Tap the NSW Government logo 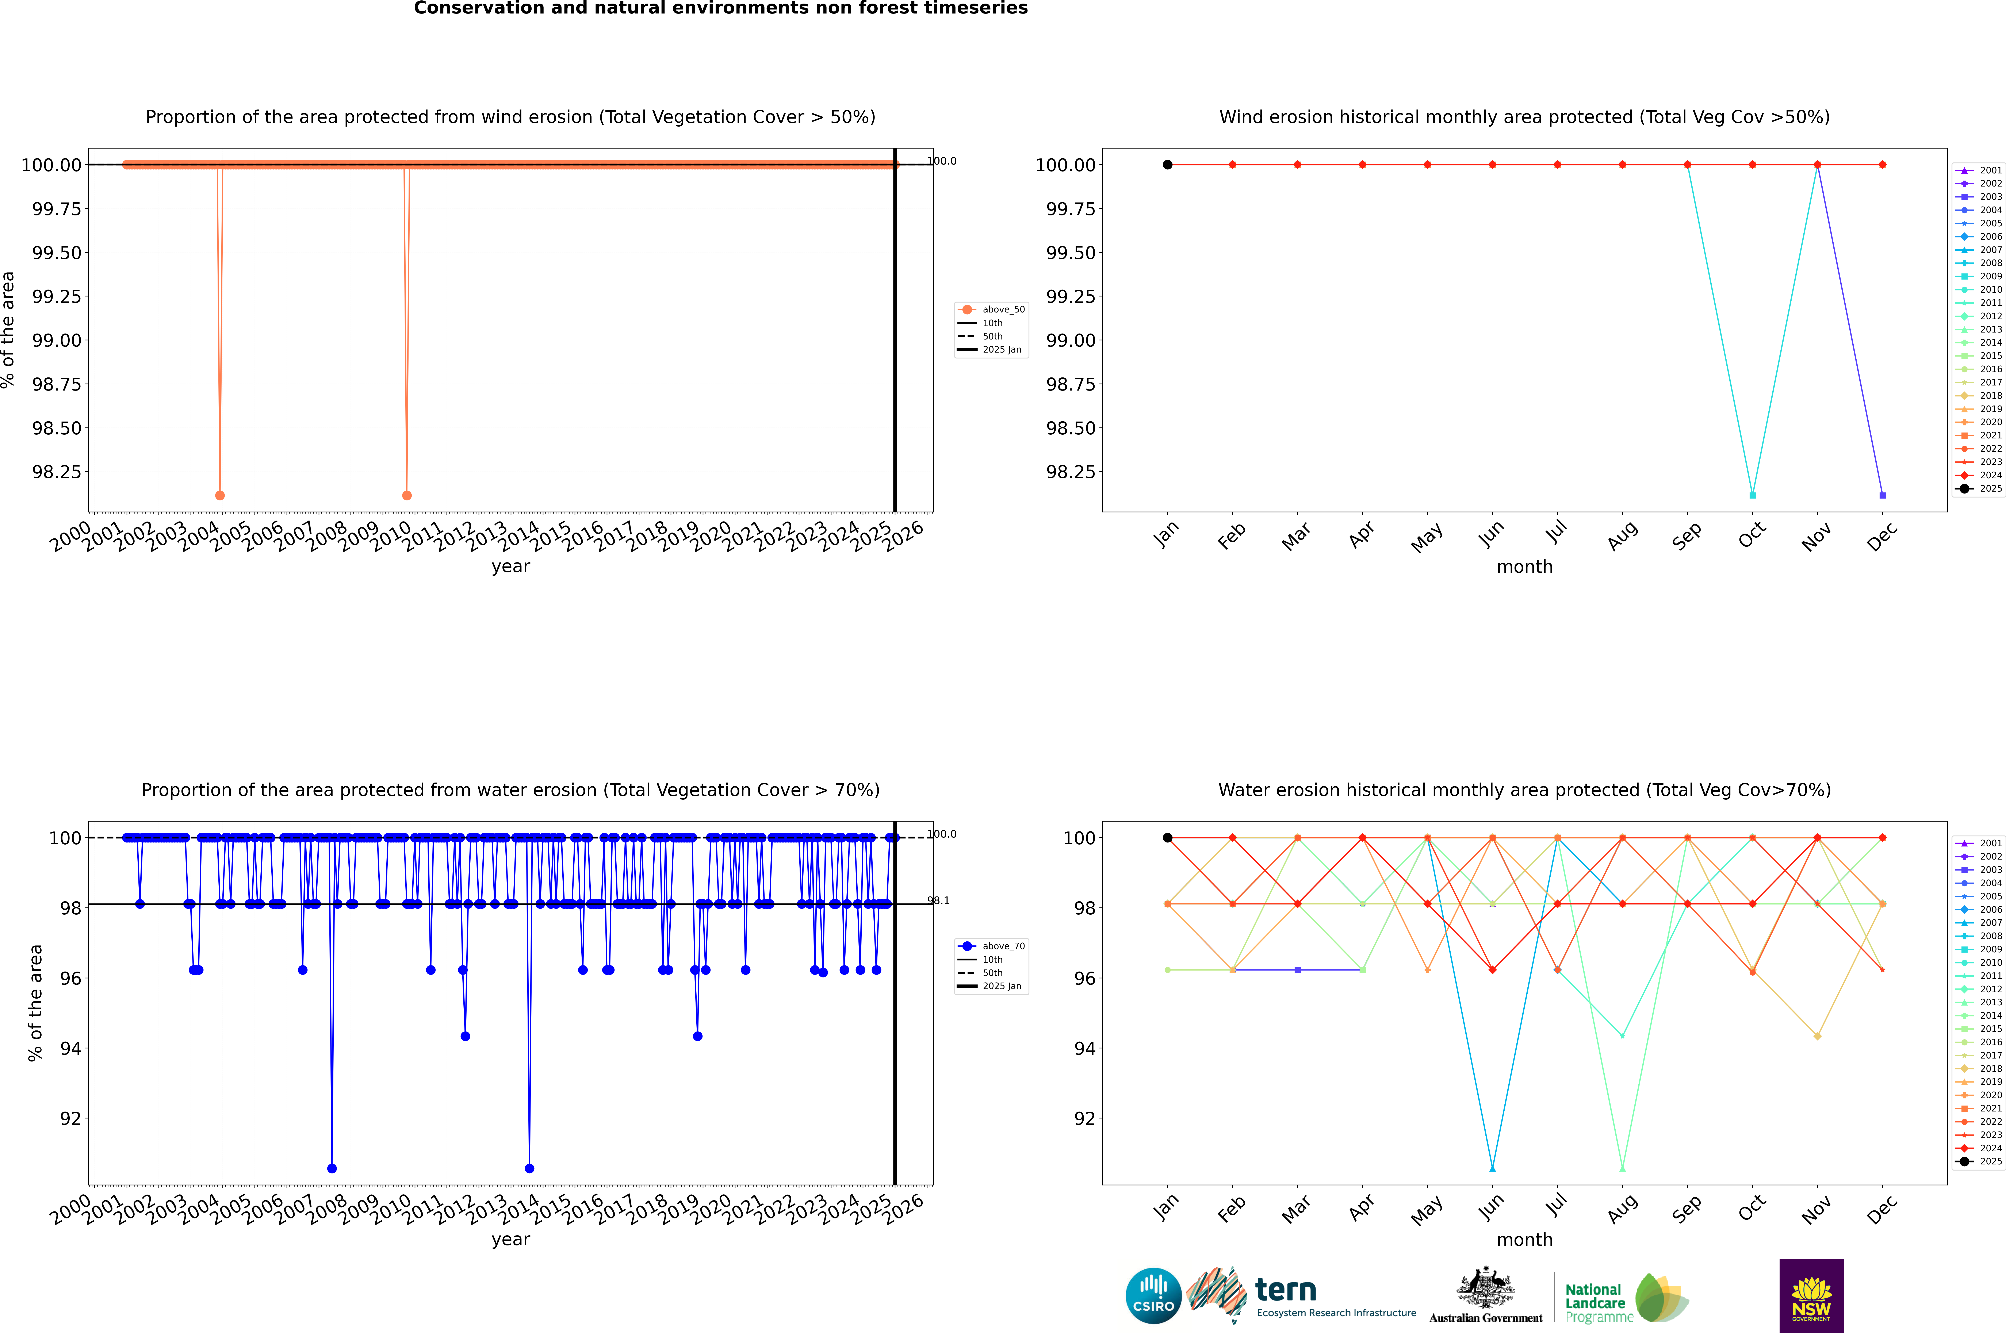point(1811,1296)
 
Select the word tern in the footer point(1286,1291)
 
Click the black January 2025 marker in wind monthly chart point(1168,165)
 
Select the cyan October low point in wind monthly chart point(1753,495)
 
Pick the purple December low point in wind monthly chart point(1883,495)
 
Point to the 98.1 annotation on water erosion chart point(939,900)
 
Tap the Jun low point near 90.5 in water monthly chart point(1492,1168)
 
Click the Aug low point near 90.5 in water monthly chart point(1623,1168)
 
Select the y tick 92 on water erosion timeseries point(70,1119)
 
